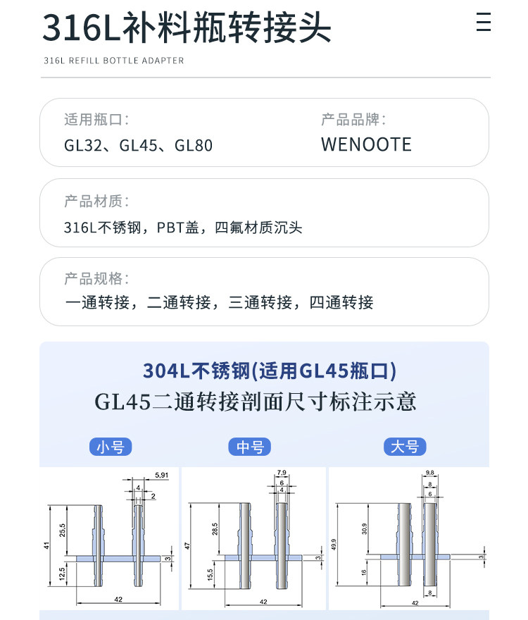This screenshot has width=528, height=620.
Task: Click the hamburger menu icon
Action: click(484, 21)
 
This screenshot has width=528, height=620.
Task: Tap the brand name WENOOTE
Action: click(366, 144)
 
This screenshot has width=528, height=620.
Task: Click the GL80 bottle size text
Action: click(194, 145)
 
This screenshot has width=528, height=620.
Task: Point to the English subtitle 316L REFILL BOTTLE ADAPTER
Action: click(114, 61)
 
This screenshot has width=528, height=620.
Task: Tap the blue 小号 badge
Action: click(111, 447)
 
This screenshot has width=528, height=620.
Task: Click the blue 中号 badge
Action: click(250, 447)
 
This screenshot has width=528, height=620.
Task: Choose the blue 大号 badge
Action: click(405, 447)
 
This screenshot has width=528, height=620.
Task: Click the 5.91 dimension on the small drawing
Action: click(161, 475)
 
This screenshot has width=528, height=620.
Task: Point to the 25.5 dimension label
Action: click(63, 531)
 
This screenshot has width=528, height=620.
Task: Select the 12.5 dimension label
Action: click(62, 573)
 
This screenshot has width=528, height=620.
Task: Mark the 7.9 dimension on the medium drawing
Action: click(282, 473)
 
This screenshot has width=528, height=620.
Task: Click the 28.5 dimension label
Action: click(215, 529)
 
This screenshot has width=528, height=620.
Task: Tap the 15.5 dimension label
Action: click(210, 574)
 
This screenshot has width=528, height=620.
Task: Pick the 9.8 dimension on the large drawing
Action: click(430, 473)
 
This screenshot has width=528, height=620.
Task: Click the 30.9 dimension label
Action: click(364, 529)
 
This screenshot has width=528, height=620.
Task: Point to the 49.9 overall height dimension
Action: click(334, 545)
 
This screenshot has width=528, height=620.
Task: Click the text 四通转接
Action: click(341, 302)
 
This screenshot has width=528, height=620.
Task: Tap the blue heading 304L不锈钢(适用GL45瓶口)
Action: click(270, 371)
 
